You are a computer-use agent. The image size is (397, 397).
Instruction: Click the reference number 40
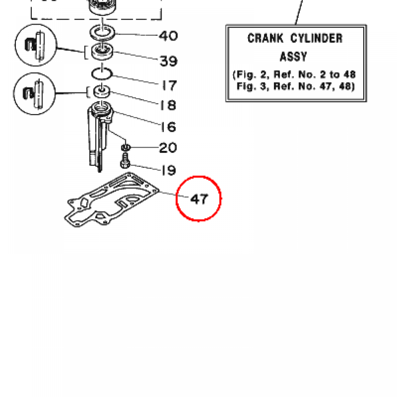(168, 36)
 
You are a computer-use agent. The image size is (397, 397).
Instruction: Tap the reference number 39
(169, 61)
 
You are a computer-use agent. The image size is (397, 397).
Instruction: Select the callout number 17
(169, 86)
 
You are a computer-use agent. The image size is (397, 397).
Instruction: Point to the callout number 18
(168, 105)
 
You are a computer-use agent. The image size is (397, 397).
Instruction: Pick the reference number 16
(168, 127)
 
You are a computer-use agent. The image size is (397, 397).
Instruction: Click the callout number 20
(168, 148)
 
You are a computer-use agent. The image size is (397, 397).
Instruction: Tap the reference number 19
(169, 170)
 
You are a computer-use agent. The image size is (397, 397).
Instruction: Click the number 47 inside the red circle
(199, 199)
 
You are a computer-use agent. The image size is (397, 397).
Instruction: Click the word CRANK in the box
(265, 38)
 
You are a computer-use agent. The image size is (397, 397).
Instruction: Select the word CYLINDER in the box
(316, 38)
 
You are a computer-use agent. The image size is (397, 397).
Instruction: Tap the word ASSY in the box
(293, 57)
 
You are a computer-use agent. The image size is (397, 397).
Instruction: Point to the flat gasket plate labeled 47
(111, 200)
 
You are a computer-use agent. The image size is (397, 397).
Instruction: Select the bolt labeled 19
(125, 161)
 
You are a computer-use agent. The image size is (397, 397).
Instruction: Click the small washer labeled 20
(126, 147)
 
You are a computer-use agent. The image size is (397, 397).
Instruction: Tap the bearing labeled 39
(102, 52)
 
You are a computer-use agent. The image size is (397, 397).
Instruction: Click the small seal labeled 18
(102, 91)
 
